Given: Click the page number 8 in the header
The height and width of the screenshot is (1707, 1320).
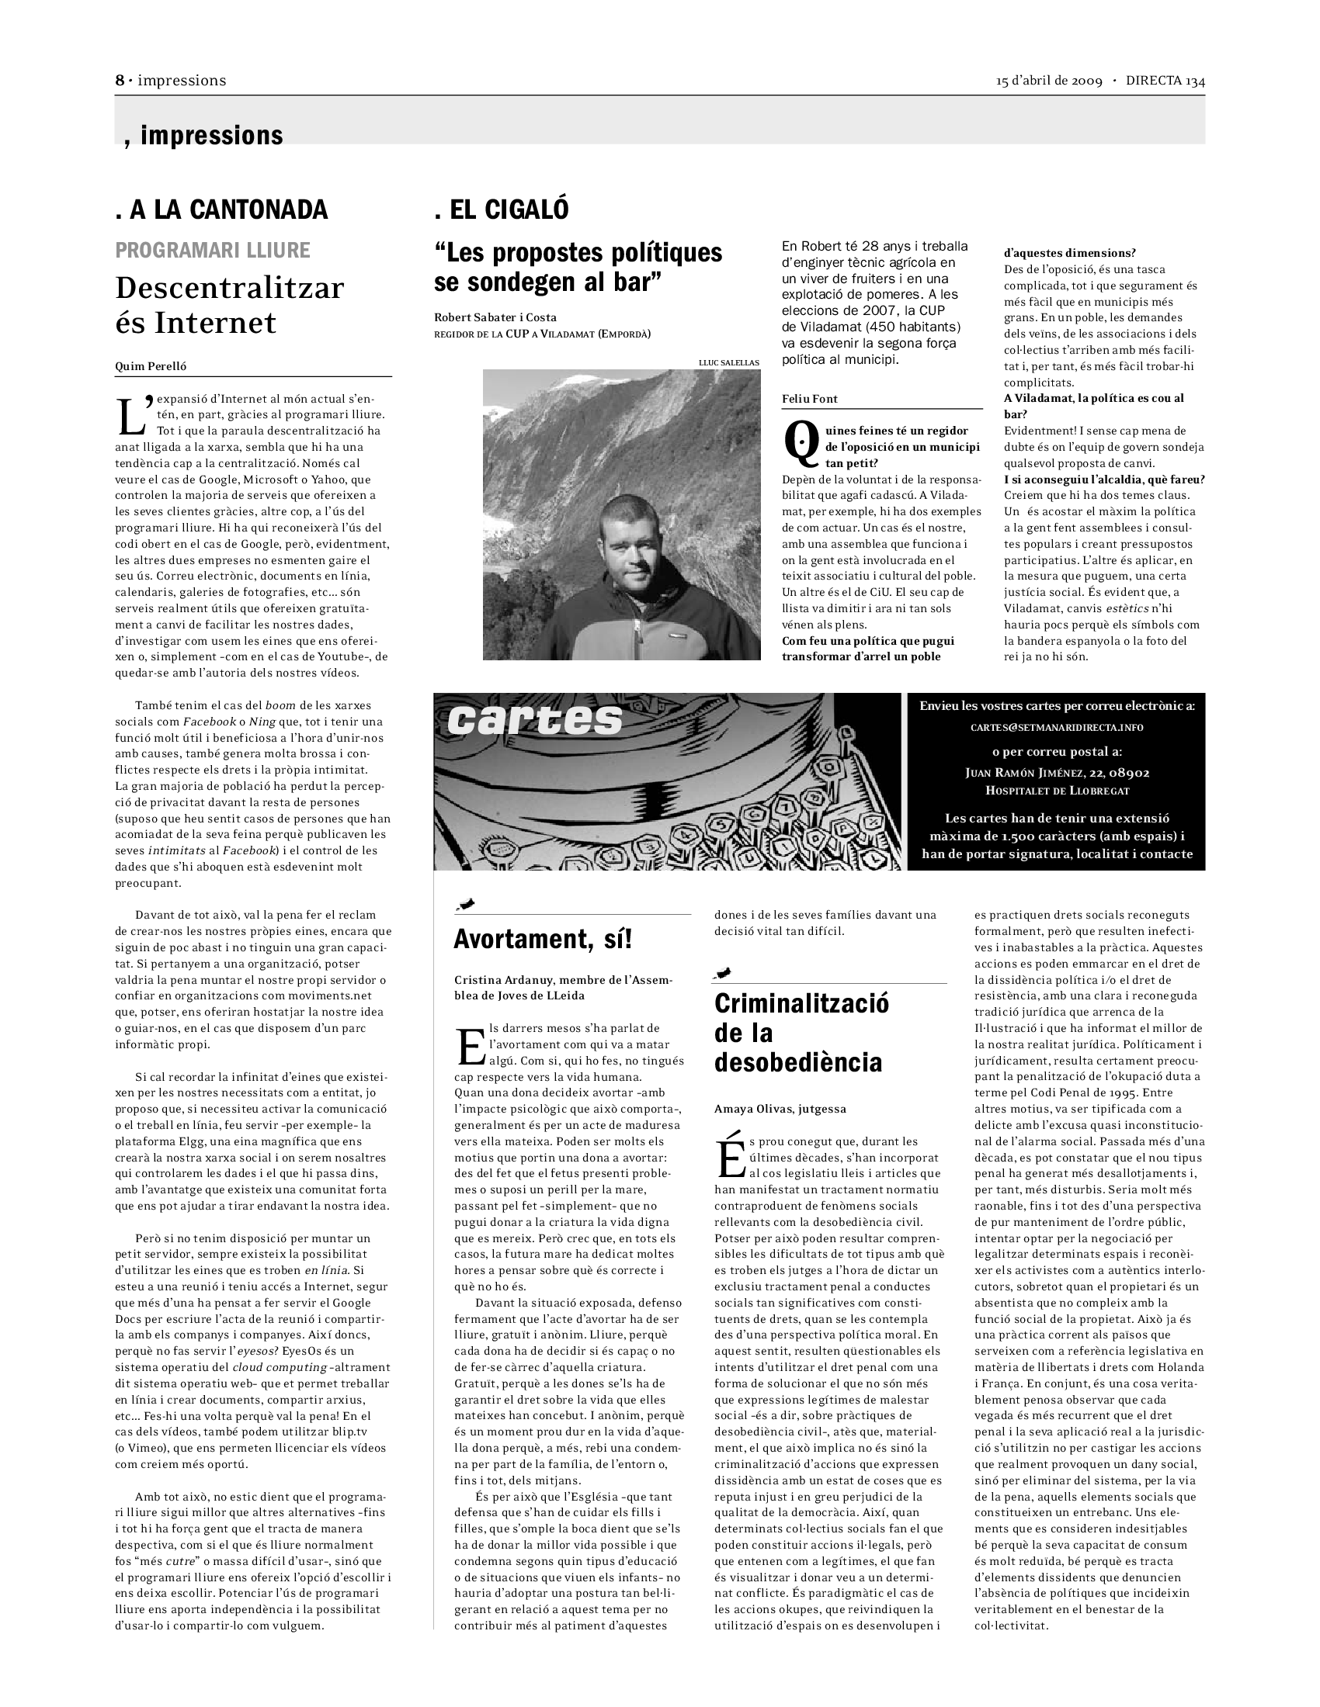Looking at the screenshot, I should pos(120,81).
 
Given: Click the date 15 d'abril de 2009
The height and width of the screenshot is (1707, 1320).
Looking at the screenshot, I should pos(1049,81).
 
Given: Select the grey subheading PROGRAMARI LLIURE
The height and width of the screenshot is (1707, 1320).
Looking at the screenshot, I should pos(212,250).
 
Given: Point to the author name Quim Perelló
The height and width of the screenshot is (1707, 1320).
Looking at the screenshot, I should pos(151,366).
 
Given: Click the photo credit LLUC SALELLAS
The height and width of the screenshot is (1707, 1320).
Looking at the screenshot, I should pos(729,362).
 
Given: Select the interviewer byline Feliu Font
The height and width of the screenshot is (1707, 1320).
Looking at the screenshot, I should pos(809,400).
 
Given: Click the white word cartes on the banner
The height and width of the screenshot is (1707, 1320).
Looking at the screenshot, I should pos(535,720).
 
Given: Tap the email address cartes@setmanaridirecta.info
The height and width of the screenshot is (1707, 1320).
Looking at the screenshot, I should pos(1057,728).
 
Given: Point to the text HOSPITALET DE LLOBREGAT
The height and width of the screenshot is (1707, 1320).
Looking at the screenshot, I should pos(1057,790).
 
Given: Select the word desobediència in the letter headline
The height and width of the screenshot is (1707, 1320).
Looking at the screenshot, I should pos(797,1062).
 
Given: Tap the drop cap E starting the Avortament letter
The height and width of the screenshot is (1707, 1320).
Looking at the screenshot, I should pos(471,1046).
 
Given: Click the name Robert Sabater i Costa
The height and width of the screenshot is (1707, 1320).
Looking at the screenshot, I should pos(495,317).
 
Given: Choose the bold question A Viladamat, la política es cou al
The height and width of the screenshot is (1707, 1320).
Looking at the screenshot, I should pos(1093,399).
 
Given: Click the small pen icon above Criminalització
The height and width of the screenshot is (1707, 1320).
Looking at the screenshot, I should pos(724,973).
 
